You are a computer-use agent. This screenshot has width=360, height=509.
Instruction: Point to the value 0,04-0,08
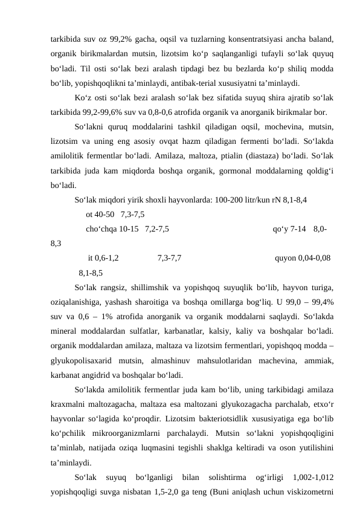(x=314, y=258)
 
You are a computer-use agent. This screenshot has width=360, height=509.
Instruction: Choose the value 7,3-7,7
(x=170, y=258)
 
